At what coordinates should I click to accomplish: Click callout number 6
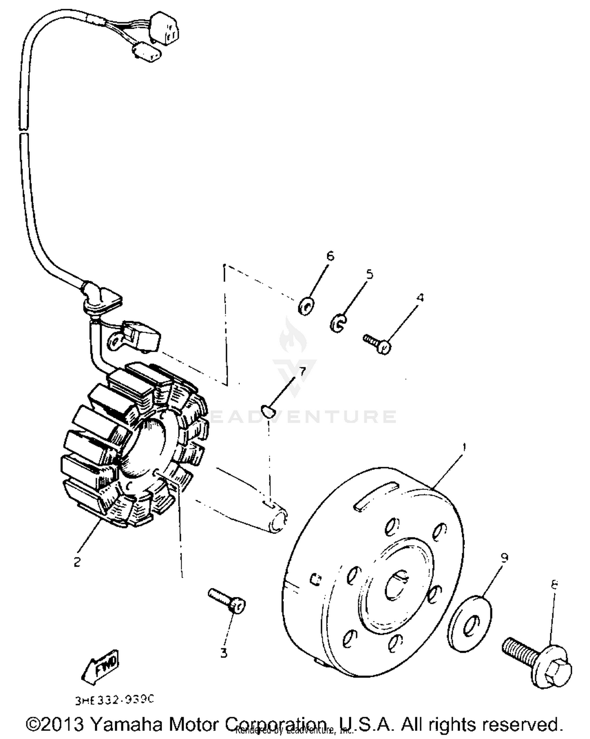point(330,256)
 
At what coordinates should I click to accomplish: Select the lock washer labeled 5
point(337,323)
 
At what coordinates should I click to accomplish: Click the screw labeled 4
point(377,343)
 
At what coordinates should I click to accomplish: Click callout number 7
point(302,371)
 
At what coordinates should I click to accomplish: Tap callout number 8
point(554,585)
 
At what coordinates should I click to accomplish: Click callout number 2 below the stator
point(77,562)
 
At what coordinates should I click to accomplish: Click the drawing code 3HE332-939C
point(114,700)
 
